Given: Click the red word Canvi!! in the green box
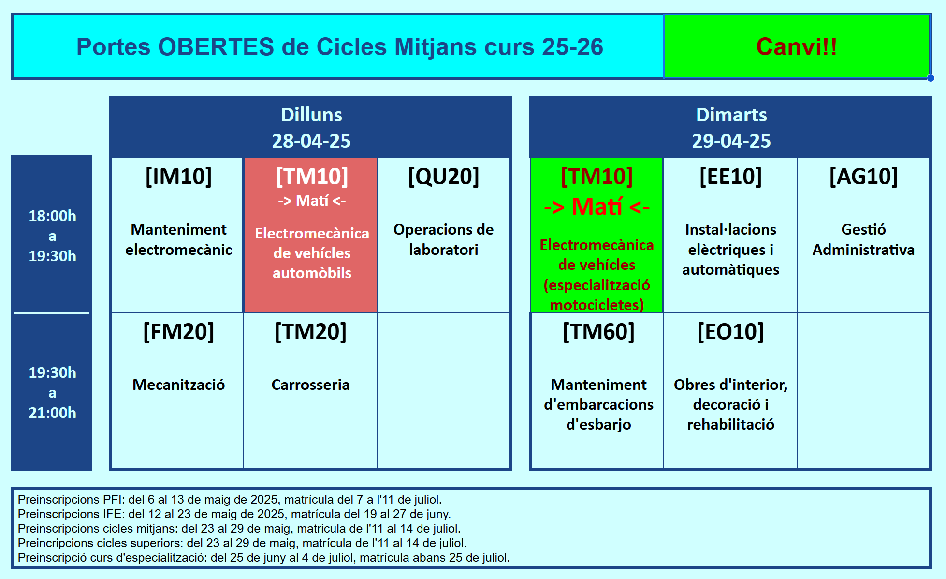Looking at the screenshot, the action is [796, 47].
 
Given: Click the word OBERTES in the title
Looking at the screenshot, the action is [216, 47].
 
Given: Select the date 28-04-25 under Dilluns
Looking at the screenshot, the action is [311, 141].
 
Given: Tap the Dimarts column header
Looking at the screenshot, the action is [731, 115].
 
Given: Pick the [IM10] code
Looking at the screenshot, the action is [178, 176].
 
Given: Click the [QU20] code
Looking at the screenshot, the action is [443, 176].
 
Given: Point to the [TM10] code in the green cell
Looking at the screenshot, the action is [597, 176].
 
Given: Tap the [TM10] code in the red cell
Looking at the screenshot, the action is [312, 176].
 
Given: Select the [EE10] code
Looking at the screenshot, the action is [730, 176].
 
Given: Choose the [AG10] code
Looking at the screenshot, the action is [863, 176].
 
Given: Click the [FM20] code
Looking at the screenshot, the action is [178, 331].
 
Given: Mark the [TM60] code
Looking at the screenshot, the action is [598, 331].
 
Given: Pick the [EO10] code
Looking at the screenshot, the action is [730, 331].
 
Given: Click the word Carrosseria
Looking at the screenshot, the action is [310, 385].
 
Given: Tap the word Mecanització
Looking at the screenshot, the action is [178, 385].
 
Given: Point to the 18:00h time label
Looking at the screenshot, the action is [52, 216].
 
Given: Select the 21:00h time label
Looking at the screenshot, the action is [52, 413].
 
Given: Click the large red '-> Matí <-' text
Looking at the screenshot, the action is [597, 207].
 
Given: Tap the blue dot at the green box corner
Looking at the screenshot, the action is [931, 78].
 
